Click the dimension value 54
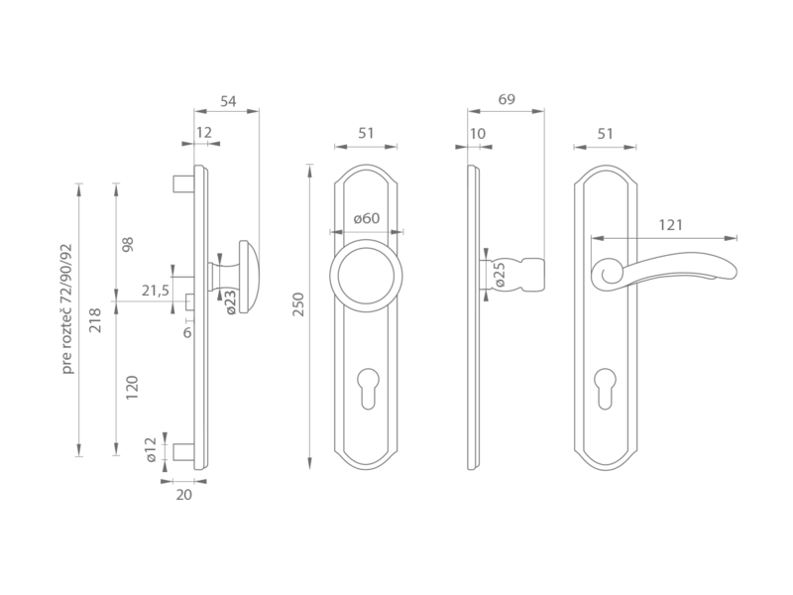228,101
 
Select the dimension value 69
507,99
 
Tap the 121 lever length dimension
671,225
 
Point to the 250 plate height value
299,304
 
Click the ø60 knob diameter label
367,218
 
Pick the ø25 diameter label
499,275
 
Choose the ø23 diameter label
230,302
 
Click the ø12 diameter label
151,450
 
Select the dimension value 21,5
156,291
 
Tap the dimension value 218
95,320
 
